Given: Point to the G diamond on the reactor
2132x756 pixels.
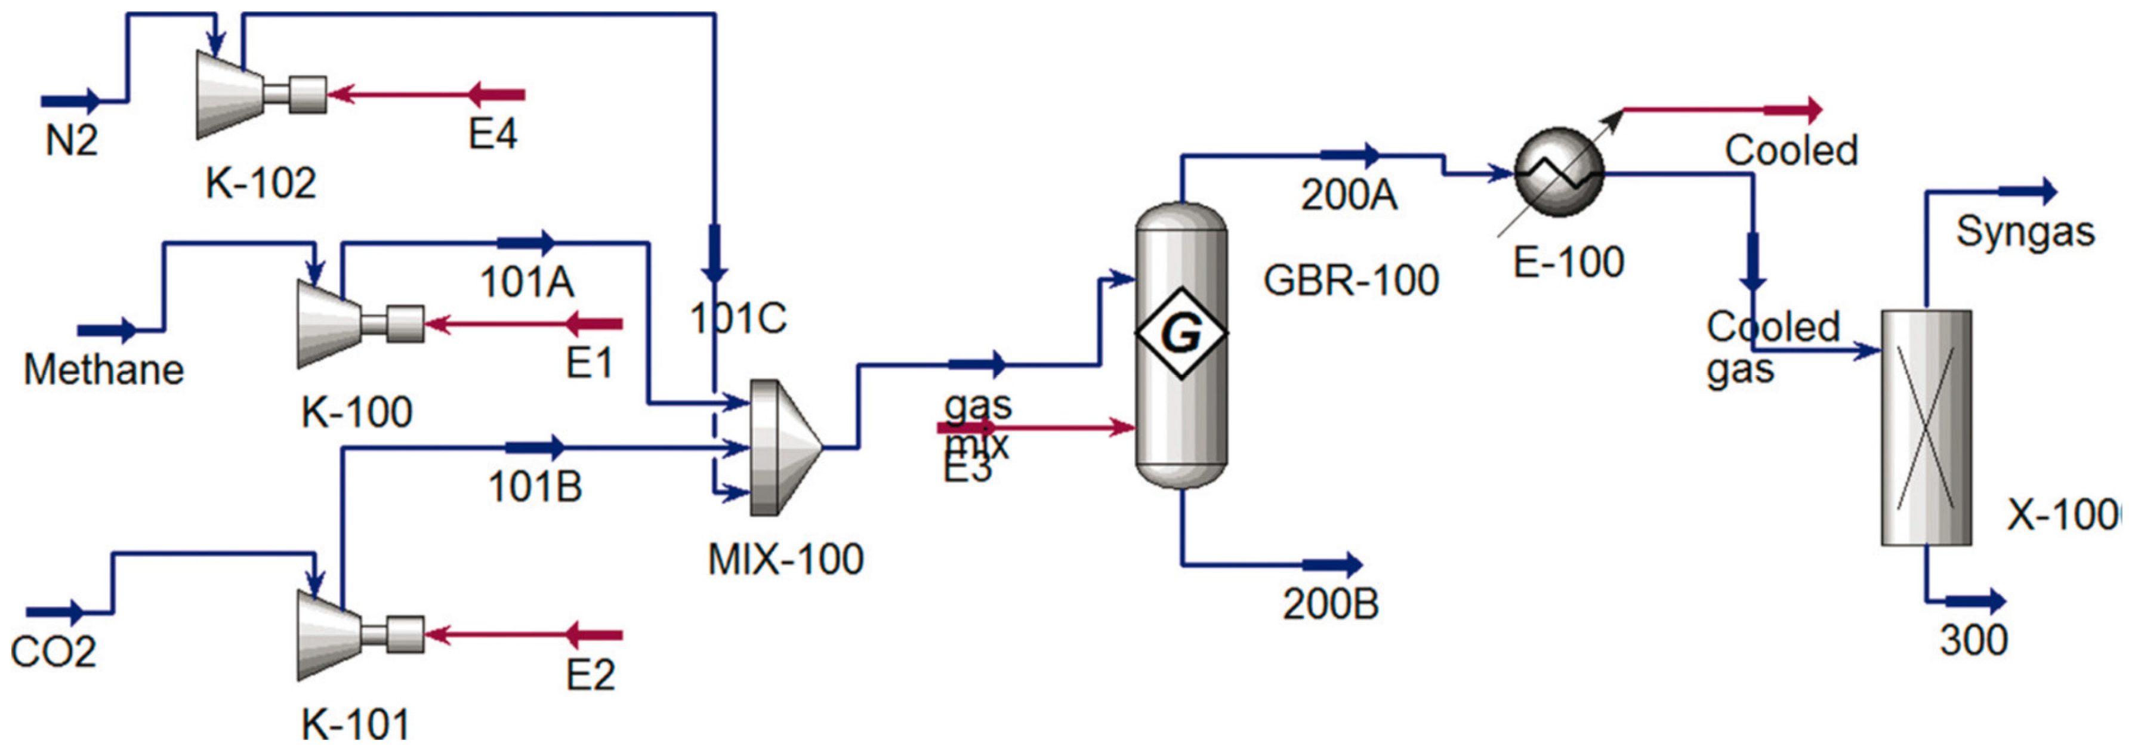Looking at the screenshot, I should pyautogui.click(x=1180, y=334).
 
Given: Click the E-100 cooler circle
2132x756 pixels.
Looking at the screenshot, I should pyautogui.click(x=1559, y=172).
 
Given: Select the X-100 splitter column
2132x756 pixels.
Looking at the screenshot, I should pyautogui.click(x=1926, y=427).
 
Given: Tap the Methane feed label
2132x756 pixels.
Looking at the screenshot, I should pyautogui.click(x=103, y=369).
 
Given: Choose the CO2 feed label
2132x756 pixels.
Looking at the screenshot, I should pyautogui.click(x=53, y=653).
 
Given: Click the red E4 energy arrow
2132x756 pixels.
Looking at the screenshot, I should pyautogui.click(x=496, y=94).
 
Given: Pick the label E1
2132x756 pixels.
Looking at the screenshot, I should pyautogui.click(x=590, y=363).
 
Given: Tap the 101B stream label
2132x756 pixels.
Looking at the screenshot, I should pyautogui.click(x=535, y=487).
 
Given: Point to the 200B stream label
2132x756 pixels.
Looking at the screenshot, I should pyautogui.click(x=1330, y=604).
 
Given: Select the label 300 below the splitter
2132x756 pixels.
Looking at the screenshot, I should pyautogui.click(x=1974, y=640).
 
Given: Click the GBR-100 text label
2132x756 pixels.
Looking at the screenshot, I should pyautogui.click(x=1351, y=280).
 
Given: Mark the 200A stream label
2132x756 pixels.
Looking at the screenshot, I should pyautogui.click(x=1349, y=196).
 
